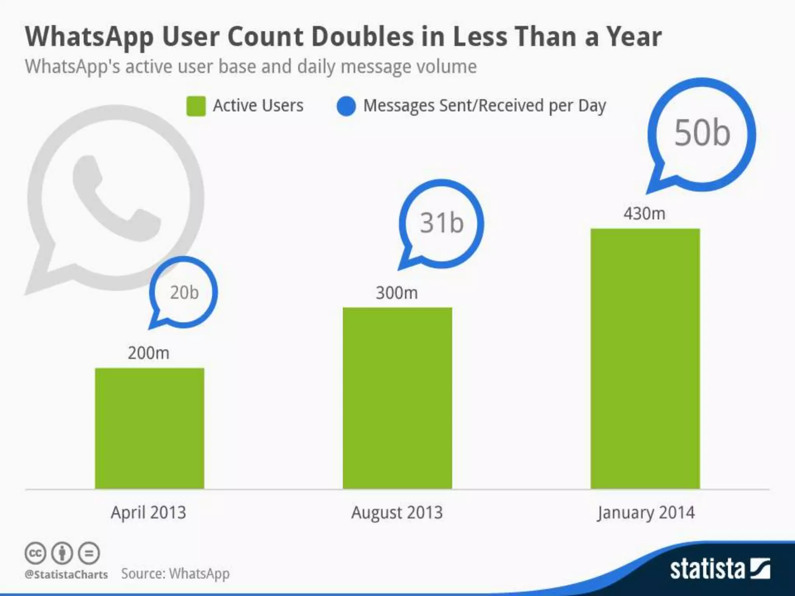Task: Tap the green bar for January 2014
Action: (x=645, y=359)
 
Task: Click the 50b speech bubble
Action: (x=702, y=134)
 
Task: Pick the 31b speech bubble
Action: (x=442, y=223)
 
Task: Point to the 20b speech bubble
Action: (x=184, y=293)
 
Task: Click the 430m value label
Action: (x=644, y=214)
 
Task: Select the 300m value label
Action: (x=397, y=293)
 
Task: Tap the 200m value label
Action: (x=149, y=353)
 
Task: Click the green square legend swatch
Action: (x=196, y=106)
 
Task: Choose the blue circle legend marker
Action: (x=346, y=106)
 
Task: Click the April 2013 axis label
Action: (x=149, y=513)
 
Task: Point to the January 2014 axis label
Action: (x=646, y=513)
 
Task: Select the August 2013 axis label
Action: (x=397, y=513)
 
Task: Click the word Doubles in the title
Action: (x=362, y=37)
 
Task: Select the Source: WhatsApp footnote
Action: (x=175, y=574)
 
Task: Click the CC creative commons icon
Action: (x=35, y=553)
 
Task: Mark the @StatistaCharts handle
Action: (x=66, y=575)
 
